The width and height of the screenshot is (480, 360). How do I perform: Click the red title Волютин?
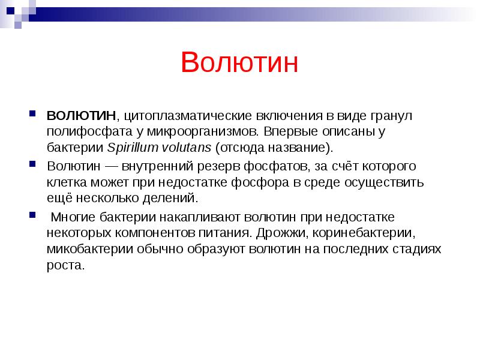click(x=239, y=63)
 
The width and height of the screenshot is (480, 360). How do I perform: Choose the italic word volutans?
click(x=186, y=148)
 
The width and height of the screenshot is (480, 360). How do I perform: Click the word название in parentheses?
click(x=292, y=148)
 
